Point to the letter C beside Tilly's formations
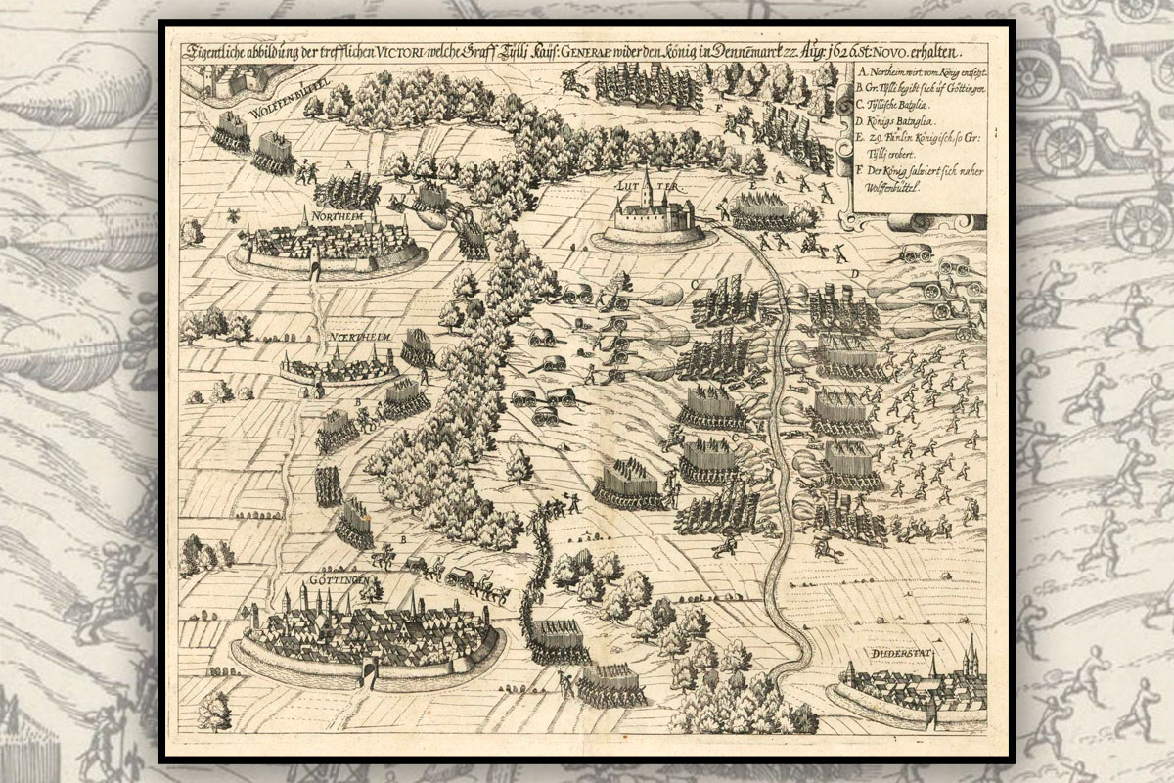pos(694,284)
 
